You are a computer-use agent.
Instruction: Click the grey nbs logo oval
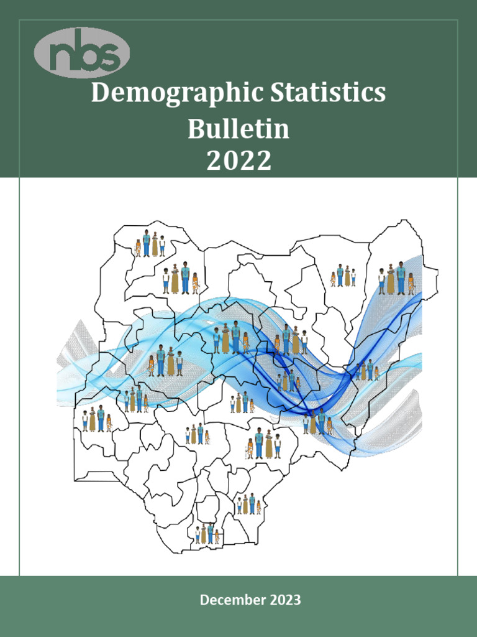[82, 52]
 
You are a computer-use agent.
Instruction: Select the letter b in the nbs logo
[84, 52]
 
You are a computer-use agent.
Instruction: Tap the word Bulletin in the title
[238, 129]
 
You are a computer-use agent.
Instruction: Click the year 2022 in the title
[238, 161]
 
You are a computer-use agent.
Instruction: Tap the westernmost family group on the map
[97, 419]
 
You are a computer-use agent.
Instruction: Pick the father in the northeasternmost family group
[401, 278]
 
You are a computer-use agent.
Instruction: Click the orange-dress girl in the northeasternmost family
[411, 284]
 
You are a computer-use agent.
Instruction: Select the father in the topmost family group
[147, 244]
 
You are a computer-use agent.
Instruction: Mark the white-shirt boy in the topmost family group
[162, 246]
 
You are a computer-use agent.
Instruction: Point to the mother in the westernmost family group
[93, 420]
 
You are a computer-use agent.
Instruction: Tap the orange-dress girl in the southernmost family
[217, 537]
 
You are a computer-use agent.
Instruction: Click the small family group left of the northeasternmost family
[343, 276]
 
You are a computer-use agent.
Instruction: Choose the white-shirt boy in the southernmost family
[198, 536]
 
